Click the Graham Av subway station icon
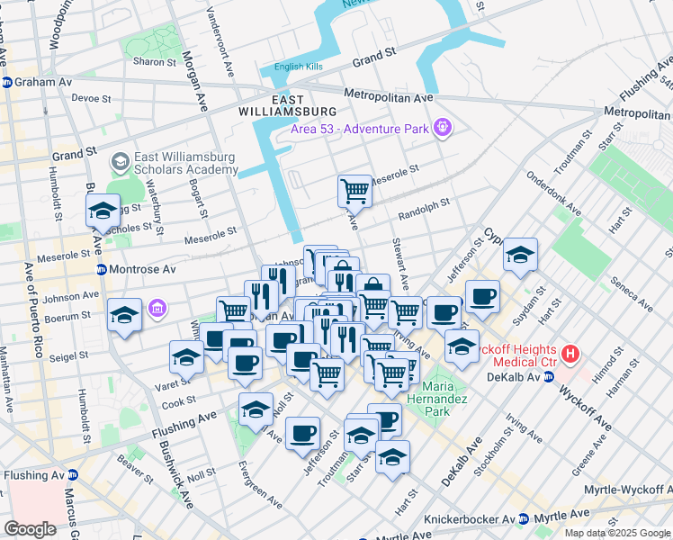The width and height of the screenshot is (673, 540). pos(6,82)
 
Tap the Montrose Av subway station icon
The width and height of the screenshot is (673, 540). pos(102,270)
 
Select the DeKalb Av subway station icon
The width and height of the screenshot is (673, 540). pos(547,377)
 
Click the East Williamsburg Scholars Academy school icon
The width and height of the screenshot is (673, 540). pos(119,162)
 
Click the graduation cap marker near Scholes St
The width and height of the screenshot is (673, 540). pos(103,210)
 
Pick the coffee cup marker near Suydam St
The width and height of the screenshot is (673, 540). pos(482,295)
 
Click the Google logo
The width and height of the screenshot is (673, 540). pos(30,529)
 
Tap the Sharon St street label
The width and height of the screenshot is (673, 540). pos(154,62)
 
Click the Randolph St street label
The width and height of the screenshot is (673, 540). pos(423,215)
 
